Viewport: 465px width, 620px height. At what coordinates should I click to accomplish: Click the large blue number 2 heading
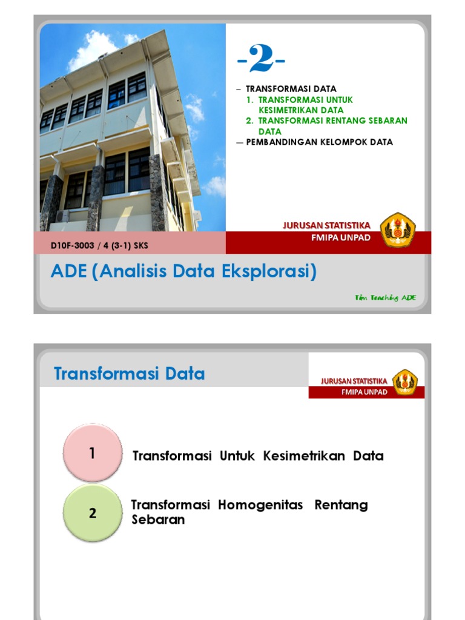[261, 60]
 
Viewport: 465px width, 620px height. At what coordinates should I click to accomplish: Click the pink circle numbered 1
[92, 453]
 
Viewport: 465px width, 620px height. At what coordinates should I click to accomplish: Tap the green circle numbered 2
[92, 513]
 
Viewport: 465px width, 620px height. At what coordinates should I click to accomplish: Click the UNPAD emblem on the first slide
[398, 228]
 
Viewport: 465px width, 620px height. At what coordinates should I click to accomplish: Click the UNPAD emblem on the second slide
[404, 382]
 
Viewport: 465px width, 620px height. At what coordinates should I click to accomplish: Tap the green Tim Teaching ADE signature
[385, 297]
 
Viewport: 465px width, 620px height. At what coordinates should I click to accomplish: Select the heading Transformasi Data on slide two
[130, 374]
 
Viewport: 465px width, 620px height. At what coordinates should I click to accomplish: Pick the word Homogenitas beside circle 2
[260, 505]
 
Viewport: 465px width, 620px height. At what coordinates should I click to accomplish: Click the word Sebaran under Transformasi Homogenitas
[158, 519]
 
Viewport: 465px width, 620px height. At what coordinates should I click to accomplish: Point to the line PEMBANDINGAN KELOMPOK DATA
[320, 142]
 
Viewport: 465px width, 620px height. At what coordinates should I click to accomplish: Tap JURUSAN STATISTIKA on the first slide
[326, 226]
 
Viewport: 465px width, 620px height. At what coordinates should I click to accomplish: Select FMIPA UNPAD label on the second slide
[364, 392]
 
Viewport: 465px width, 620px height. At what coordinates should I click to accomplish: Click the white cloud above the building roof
[94, 48]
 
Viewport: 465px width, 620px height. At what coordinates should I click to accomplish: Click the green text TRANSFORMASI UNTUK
[306, 99]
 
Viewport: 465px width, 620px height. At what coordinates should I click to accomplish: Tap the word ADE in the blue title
[68, 272]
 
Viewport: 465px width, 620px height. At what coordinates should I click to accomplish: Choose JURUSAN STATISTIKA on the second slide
[354, 381]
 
